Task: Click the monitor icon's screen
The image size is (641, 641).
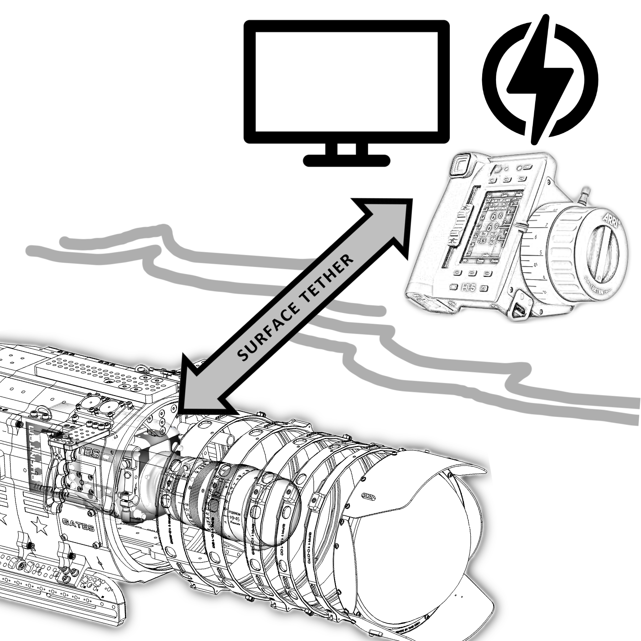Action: pos(346,83)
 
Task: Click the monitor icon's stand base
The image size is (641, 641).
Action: pos(346,160)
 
